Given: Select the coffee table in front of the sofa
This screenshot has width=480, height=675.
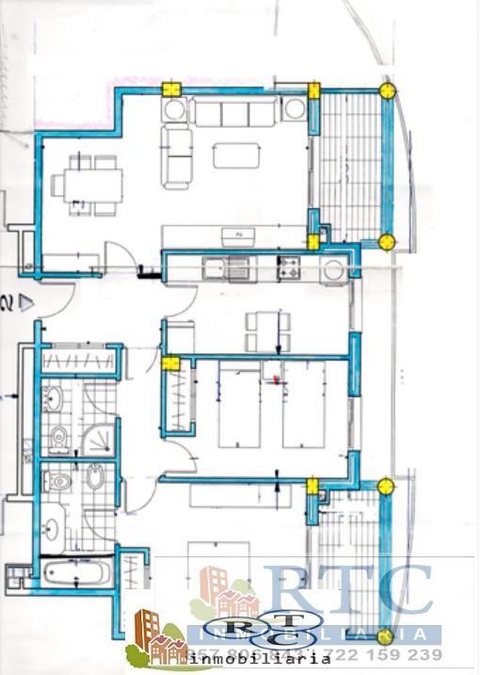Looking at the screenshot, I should pos(235,154).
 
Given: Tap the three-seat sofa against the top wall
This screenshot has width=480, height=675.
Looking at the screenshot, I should pos(234,113).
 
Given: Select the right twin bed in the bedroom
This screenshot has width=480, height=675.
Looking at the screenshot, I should pos(304,405).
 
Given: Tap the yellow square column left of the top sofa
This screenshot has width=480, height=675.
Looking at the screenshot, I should pos(171,89).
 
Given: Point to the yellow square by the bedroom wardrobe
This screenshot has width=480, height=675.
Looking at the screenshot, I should pos(170,362).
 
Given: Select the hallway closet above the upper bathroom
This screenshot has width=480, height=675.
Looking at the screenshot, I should pos(82,361).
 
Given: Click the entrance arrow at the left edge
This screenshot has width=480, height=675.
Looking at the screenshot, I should pos(27,303).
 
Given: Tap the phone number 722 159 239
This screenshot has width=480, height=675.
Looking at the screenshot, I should pos(393,655).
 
